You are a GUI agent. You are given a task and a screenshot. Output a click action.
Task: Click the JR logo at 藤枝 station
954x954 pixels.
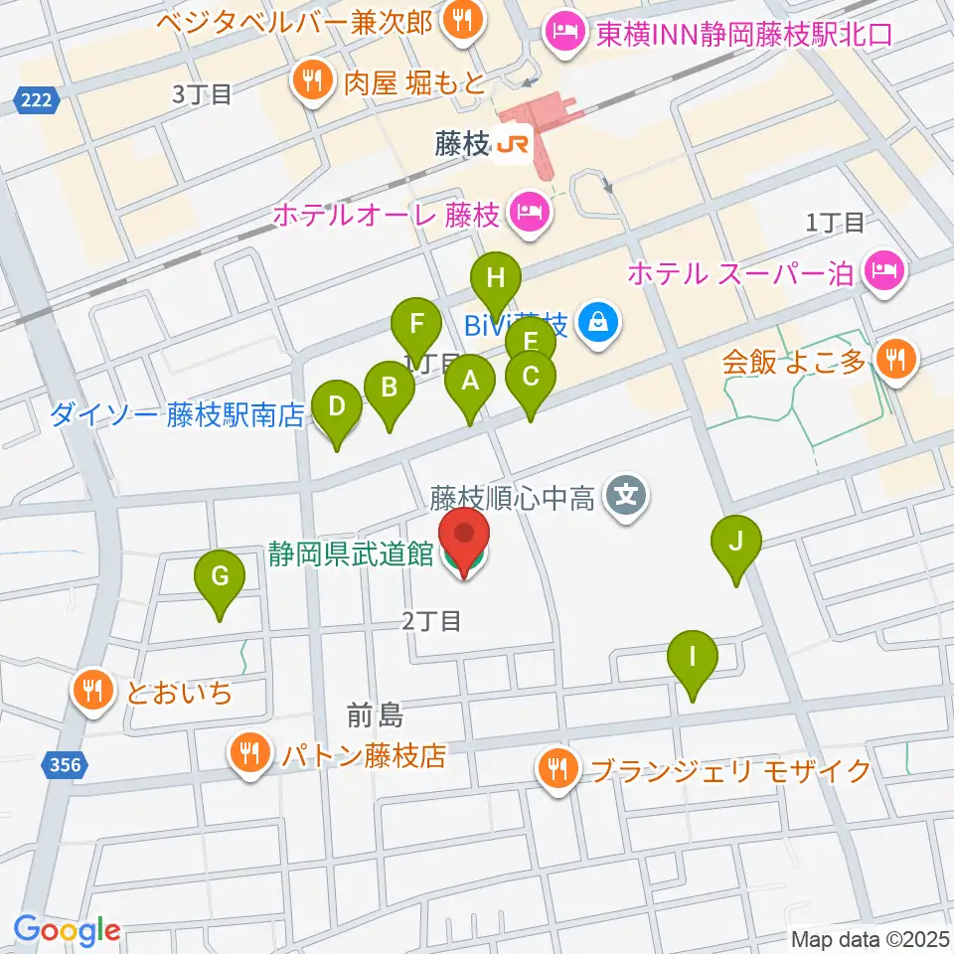(513, 146)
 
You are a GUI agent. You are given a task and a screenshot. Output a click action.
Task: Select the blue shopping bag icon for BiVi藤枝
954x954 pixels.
(598, 323)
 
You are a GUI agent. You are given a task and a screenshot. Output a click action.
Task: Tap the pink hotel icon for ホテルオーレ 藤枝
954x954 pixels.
(526, 213)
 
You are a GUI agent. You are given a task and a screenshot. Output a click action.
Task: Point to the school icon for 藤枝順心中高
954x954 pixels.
(627, 493)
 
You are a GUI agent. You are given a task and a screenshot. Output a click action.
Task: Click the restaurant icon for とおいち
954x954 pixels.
(94, 691)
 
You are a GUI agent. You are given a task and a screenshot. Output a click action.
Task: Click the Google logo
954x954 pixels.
(67, 930)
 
